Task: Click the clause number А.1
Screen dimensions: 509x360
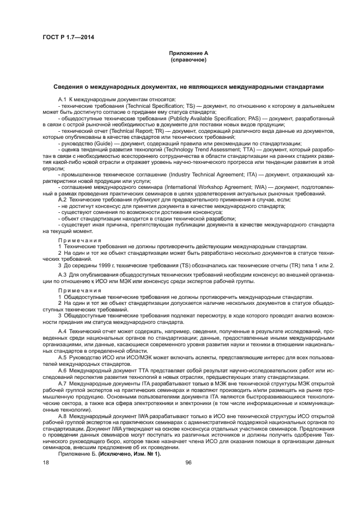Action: click(62, 99)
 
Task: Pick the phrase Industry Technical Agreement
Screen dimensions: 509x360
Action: click(202, 175)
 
